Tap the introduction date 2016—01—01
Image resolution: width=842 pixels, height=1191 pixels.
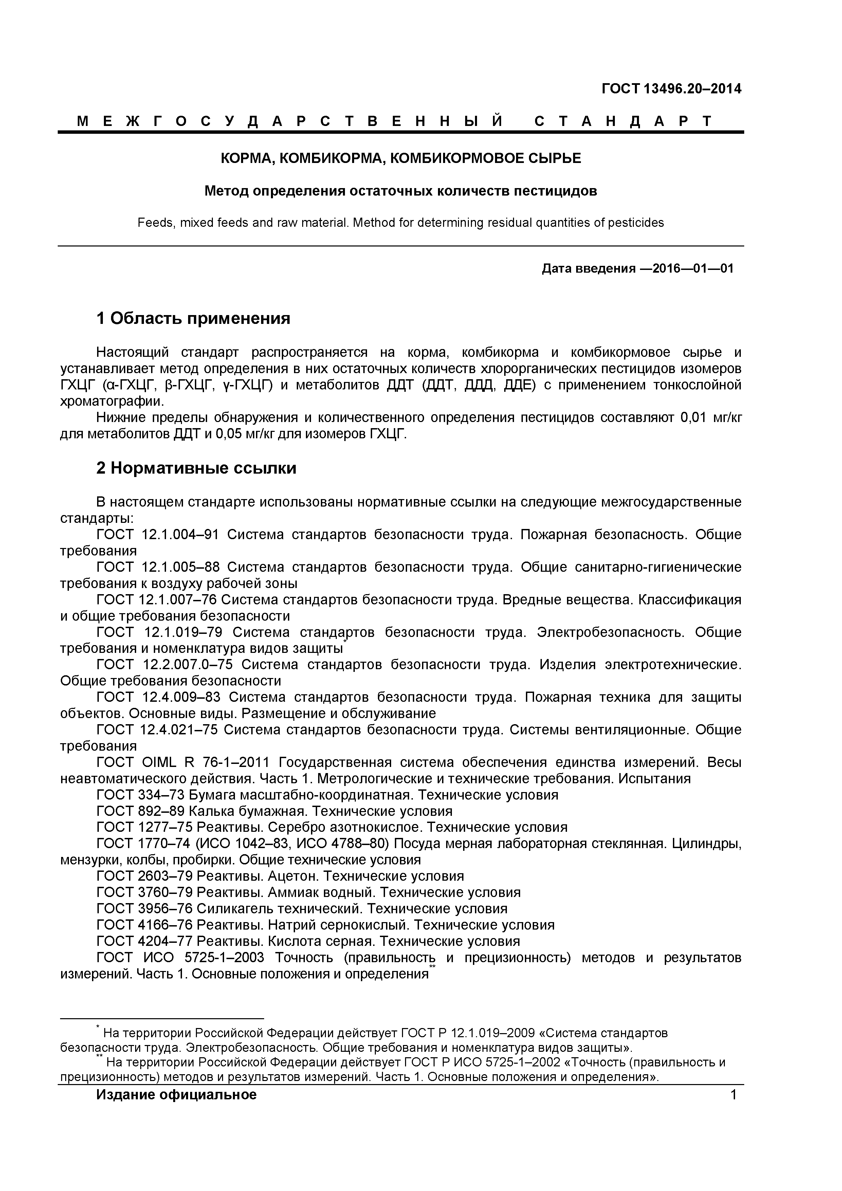693,268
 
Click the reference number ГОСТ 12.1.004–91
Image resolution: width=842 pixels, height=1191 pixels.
158,534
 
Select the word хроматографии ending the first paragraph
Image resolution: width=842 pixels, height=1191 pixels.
111,401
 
